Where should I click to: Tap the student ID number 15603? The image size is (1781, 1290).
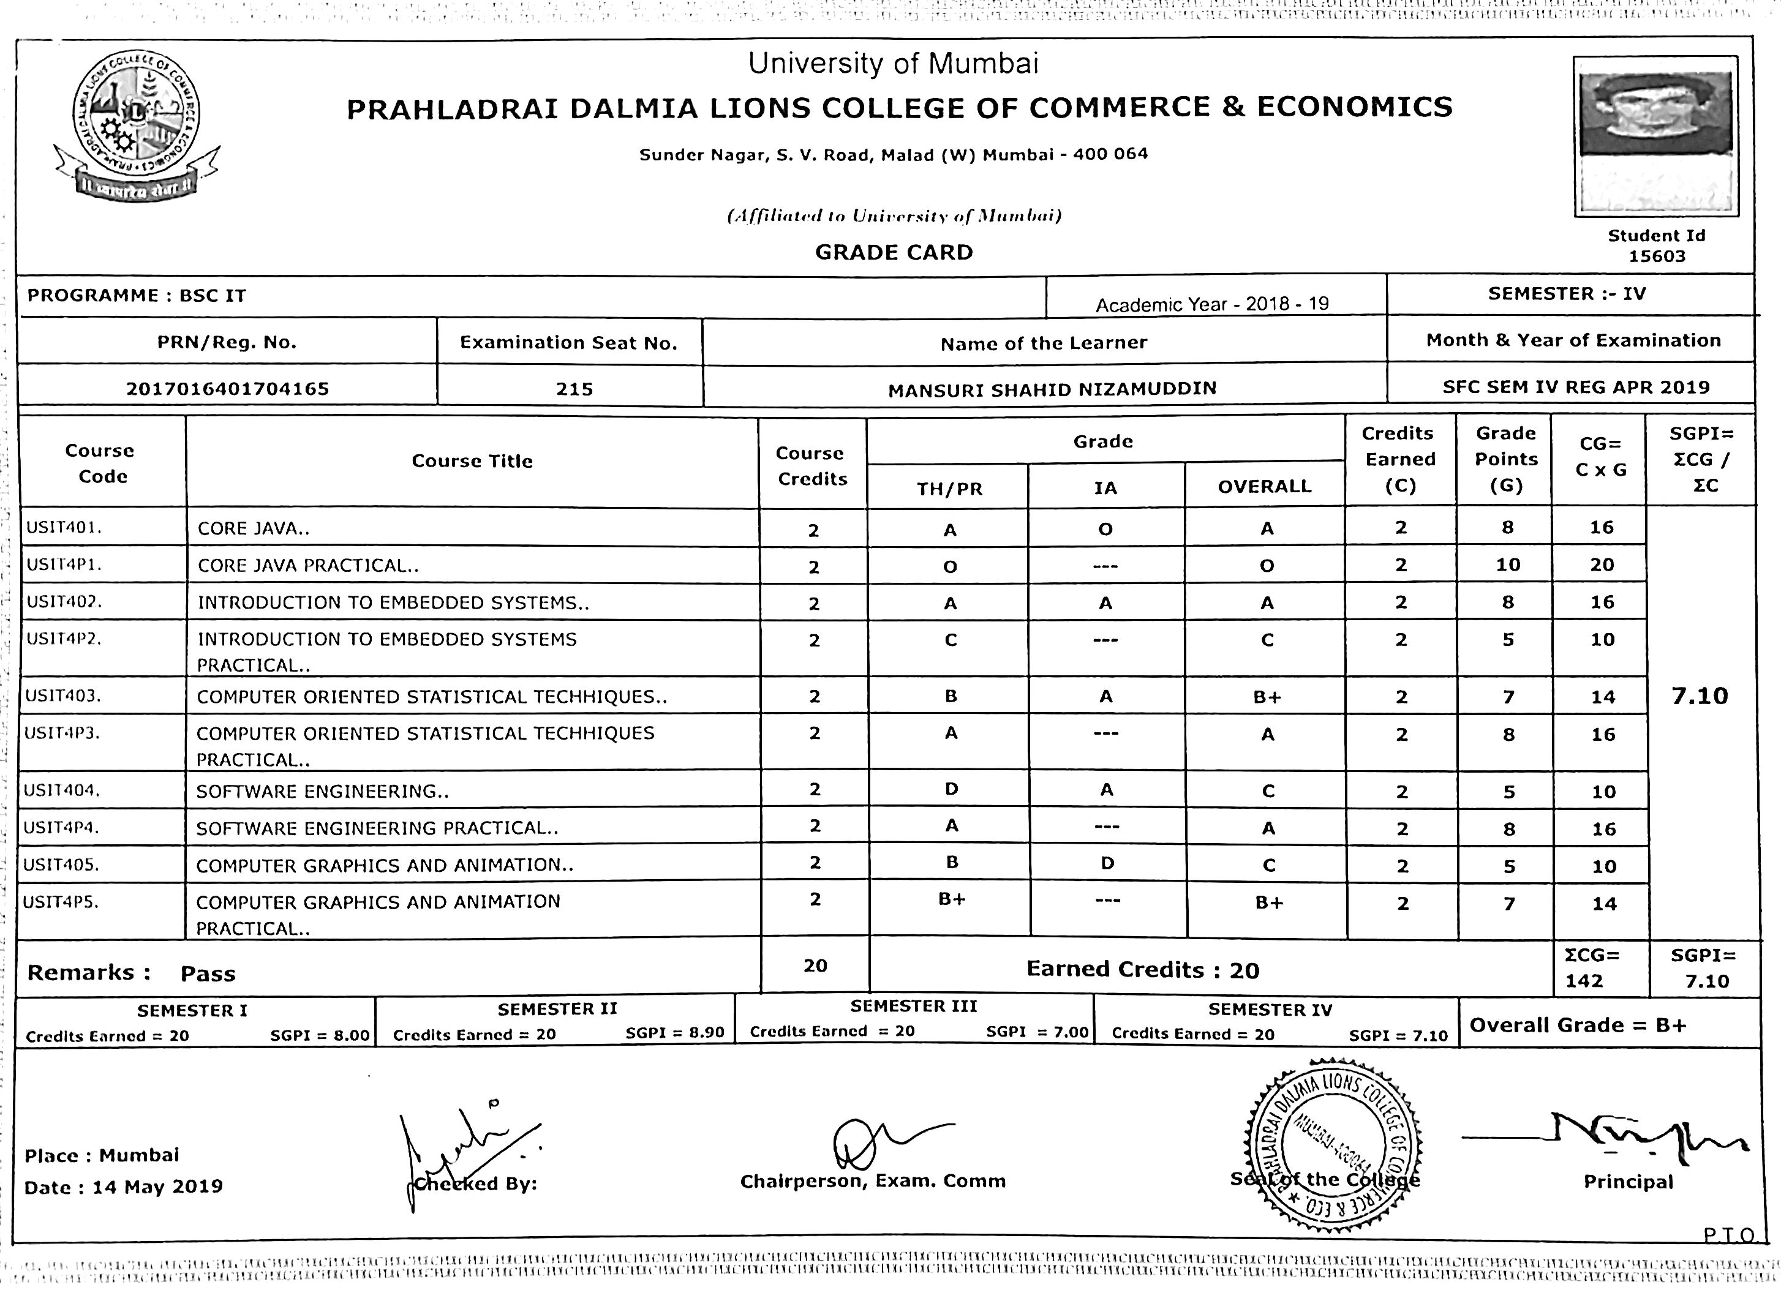click(1656, 257)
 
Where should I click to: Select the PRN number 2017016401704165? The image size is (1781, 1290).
click(228, 389)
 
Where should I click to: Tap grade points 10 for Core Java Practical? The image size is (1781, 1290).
click(1508, 565)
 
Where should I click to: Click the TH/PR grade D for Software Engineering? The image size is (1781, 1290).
click(952, 789)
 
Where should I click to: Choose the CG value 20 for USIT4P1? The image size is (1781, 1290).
click(1602, 565)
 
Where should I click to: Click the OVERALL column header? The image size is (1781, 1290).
click(1264, 487)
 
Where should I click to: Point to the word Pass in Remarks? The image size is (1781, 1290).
click(208, 974)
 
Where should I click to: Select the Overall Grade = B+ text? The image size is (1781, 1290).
click(1578, 1026)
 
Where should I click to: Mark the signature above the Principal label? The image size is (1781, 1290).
click(1610, 1138)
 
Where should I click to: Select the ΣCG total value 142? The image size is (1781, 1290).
click(1584, 981)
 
